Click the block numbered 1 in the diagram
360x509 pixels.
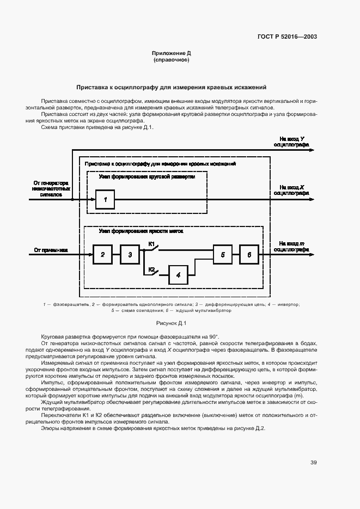click(x=105, y=200)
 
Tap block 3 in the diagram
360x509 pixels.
click(x=130, y=254)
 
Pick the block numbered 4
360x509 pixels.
click(x=178, y=276)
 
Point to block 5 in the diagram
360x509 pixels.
click(x=222, y=254)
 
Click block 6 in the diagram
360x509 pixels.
click(x=249, y=254)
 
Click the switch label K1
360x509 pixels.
click(x=152, y=243)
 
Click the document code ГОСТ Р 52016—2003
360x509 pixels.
click(x=287, y=37)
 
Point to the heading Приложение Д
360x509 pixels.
click(x=171, y=53)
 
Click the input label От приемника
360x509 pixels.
click(x=51, y=250)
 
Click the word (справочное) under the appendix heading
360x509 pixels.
click(x=171, y=60)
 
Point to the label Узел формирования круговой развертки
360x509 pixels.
click(x=146, y=176)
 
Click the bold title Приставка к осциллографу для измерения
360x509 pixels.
click(x=171, y=87)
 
